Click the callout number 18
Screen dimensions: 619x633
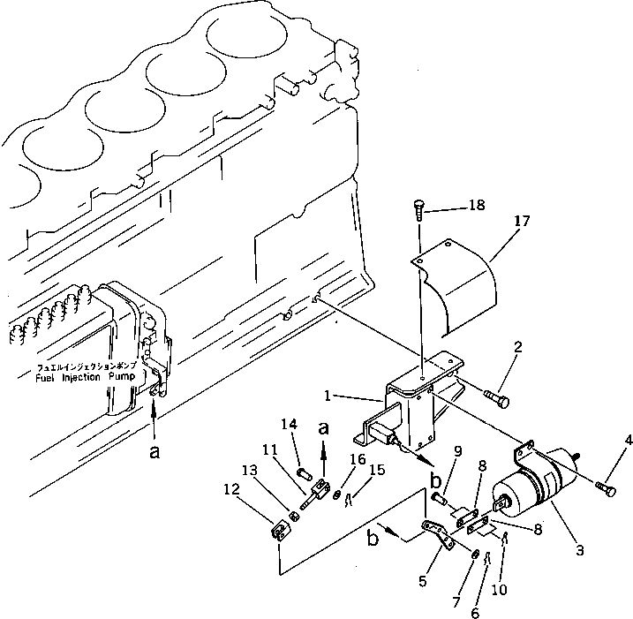coord(476,206)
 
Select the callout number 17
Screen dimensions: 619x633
coord(522,222)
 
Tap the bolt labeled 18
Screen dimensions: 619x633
coord(418,210)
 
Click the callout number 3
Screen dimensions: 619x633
coord(579,551)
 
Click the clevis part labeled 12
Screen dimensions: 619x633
coord(277,534)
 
